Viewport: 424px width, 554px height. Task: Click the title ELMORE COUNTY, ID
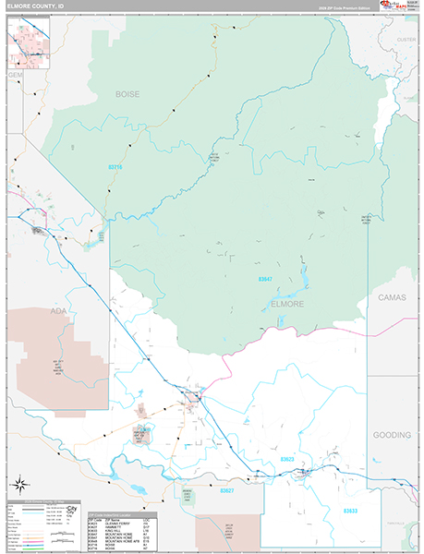[x=37, y=6]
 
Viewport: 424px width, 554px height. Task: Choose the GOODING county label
[x=393, y=434]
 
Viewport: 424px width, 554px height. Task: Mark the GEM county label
[x=14, y=74]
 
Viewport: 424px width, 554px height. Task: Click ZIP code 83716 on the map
[x=115, y=166]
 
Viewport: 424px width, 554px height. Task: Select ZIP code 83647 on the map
[x=265, y=278]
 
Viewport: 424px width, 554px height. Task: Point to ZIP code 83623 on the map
[x=287, y=459]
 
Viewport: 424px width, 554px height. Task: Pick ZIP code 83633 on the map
[x=350, y=510]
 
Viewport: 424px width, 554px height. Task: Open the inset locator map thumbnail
[x=28, y=42]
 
